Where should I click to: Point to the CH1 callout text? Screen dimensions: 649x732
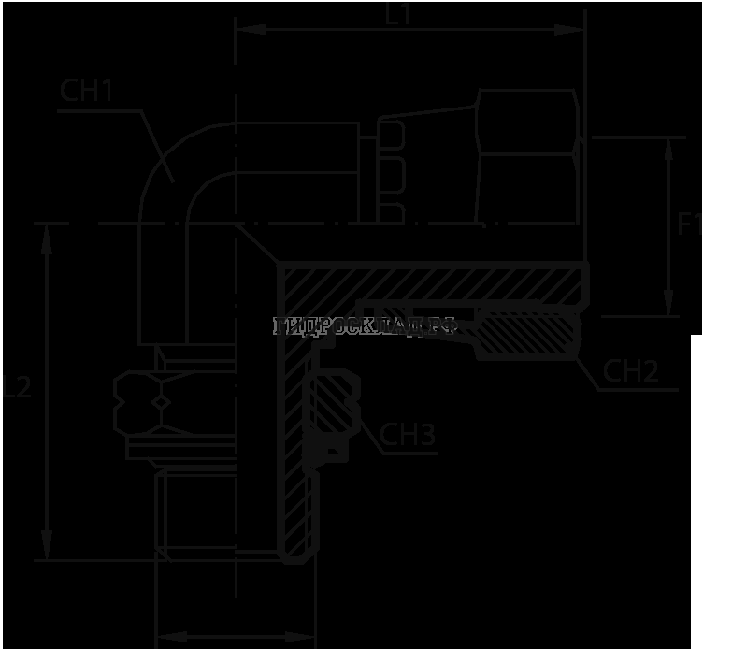point(86,91)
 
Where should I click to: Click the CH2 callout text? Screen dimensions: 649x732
point(631,371)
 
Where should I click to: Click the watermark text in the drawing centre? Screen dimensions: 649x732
point(365,326)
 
